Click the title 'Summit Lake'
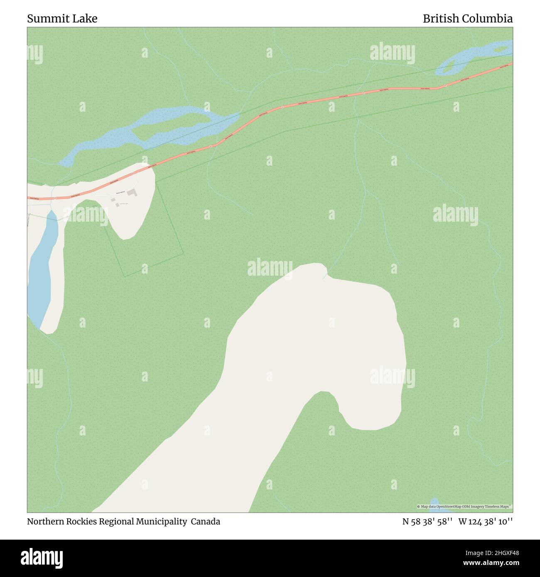(62, 19)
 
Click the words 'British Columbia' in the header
(467, 19)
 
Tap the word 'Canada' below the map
(206, 521)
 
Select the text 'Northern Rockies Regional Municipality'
(107, 521)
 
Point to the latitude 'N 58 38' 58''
(427, 521)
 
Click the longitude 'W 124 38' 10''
(485, 521)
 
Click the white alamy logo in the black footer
(42, 557)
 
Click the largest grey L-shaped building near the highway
(132, 193)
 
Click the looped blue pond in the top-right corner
(469, 58)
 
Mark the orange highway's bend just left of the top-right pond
(437, 88)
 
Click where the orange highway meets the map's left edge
(28, 198)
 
